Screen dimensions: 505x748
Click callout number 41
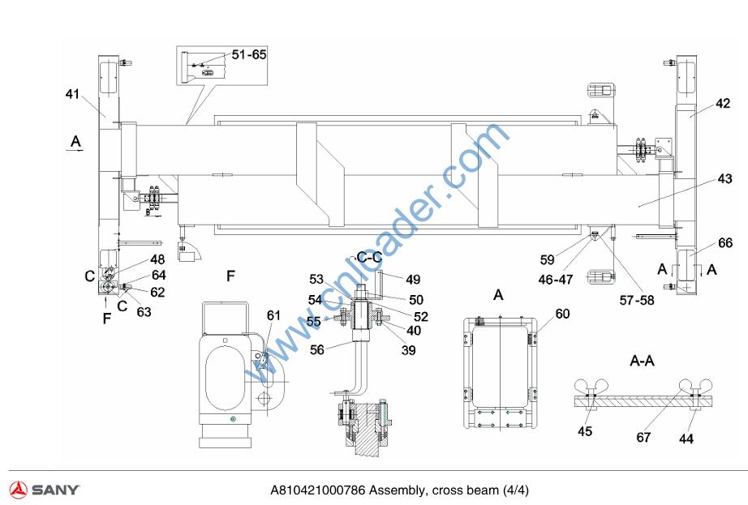(73, 95)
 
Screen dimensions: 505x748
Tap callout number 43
(724, 178)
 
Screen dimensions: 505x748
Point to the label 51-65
(249, 54)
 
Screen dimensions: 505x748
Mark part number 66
(724, 242)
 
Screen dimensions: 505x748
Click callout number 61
(274, 315)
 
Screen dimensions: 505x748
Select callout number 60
(562, 314)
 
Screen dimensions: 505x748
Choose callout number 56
(317, 349)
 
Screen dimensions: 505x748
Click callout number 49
(414, 280)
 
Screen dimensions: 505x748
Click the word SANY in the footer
(56, 490)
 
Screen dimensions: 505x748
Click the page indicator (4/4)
(515, 490)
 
